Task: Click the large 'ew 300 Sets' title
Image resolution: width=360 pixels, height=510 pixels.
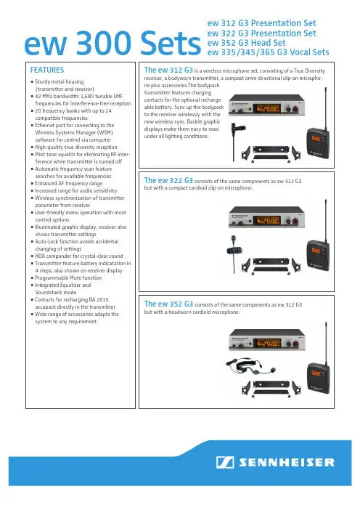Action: tap(112, 44)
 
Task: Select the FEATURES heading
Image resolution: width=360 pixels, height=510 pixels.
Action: tap(47, 70)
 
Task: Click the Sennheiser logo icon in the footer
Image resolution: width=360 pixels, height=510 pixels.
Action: tap(225, 462)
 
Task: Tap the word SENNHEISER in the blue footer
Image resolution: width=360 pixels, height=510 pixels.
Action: tap(286, 463)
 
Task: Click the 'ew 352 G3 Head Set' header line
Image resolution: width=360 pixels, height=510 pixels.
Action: tap(246, 43)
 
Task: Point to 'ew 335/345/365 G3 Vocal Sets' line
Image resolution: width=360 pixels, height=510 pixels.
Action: tap(268, 52)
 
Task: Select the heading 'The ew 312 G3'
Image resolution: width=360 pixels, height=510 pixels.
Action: tap(168, 70)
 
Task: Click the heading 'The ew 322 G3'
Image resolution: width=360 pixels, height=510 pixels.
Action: tap(168, 180)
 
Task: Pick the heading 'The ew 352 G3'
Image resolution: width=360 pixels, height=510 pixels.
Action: tap(168, 304)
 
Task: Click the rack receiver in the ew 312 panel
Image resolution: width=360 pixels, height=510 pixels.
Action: tap(267, 105)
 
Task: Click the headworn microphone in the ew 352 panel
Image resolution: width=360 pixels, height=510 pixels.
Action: tap(250, 366)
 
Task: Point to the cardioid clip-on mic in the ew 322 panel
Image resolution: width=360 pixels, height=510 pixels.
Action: tap(234, 248)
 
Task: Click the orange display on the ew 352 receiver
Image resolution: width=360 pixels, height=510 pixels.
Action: tap(269, 343)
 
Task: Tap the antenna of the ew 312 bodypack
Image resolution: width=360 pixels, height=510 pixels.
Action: tap(326, 108)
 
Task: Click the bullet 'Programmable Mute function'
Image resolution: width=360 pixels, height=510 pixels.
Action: tap(68, 278)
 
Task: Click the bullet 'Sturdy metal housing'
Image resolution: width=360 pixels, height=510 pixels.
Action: tap(59, 81)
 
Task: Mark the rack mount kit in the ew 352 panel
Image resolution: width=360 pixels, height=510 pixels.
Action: tap(271, 389)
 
